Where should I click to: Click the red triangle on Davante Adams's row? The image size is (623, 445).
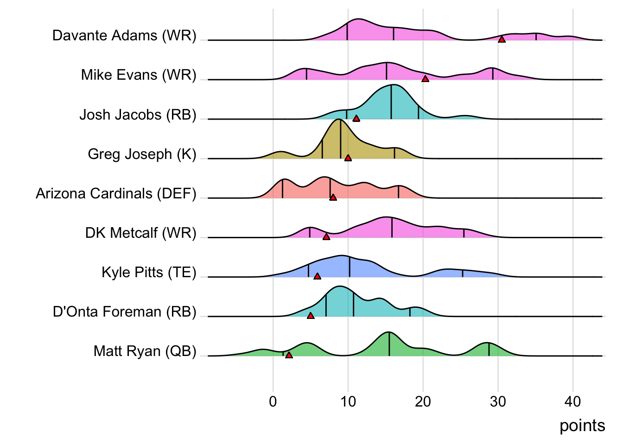click(x=502, y=39)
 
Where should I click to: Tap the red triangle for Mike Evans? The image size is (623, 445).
click(x=425, y=79)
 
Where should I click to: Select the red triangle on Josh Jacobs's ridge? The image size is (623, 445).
click(x=356, y=118)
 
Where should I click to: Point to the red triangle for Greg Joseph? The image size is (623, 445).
click(x=348, y=158)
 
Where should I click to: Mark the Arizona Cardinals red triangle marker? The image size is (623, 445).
click(x=333, y=197)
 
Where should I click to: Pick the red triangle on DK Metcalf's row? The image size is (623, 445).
click(x=326, y=237)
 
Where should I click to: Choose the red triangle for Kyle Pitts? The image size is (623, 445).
click(x=317, y=276)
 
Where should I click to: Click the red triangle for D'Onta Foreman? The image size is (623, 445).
click(x=311, y=316)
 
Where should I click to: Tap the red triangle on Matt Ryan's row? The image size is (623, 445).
click(x=289, y=355)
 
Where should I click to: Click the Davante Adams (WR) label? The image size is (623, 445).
click(x=124, y=36)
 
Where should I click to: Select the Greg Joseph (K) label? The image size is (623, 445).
click(x=142, y=154)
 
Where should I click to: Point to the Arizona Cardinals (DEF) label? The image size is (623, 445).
click(x=116, y=193)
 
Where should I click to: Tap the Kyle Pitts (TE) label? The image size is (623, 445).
click(x=149, y=272)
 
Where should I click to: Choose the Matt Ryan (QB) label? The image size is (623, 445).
click(x=145, y=351)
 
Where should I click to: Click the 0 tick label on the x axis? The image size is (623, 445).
click(x=273, y=401)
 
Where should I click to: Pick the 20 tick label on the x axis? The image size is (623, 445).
click(x=423, y=401)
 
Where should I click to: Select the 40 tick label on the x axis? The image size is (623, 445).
click(x=573, y=401)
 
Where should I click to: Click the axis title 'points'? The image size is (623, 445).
click(x=582, y=426)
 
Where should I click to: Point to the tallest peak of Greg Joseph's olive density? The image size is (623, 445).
click(x=339, y=120)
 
